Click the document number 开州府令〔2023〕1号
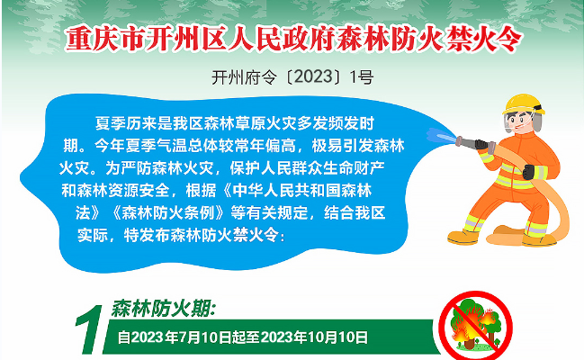point(292,77)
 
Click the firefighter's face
point(518,121)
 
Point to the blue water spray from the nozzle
point(442,136)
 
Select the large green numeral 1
point(90,329)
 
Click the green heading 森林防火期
point(163,309)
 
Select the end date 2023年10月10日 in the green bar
point(314,337)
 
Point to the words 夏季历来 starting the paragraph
point(126,123)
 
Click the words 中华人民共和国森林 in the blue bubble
point(302,191)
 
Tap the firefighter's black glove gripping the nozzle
point(481,144)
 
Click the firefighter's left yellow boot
point(463,237)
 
